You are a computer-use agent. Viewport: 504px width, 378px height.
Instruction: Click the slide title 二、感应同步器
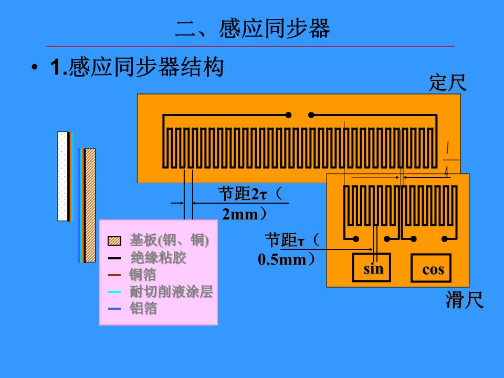point(253,29)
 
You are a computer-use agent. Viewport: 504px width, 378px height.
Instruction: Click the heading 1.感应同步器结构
point(137,68)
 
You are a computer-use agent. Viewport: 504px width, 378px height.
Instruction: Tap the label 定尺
point(447,82)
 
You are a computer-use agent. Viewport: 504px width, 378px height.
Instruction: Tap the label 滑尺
point(464,300)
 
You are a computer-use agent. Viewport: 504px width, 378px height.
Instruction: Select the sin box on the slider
point(374,269)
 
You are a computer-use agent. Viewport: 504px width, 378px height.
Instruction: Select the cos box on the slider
point(433,270)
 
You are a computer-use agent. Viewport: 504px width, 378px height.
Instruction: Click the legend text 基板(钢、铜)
point(169,240)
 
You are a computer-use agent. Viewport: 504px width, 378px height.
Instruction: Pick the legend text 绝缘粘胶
point(158,258)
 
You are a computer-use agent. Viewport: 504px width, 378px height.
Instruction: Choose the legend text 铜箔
point(143,275)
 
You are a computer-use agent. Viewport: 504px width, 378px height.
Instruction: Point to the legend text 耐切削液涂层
point(171,292)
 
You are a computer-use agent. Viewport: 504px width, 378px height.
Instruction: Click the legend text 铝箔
point(143,309)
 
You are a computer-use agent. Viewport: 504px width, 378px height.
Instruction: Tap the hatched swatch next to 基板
point(114,241)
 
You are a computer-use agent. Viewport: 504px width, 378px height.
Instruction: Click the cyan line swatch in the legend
point(114,292)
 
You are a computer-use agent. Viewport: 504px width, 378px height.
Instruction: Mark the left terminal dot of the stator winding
point(288,115)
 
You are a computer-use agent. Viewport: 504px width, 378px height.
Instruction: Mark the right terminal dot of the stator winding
point(311,115)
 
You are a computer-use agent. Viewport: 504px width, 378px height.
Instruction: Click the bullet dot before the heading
point(35,68)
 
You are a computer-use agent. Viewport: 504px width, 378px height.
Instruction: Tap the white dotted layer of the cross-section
point(62,176)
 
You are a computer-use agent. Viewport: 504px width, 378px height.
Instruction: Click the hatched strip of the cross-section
point(90,205)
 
